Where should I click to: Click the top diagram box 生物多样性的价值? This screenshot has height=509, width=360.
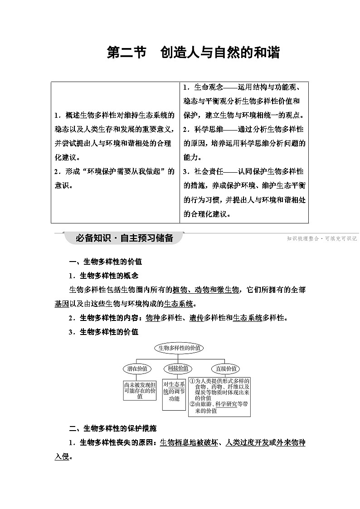179,348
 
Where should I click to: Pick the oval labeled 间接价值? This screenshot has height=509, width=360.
178,368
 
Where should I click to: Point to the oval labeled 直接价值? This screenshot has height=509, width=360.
225,369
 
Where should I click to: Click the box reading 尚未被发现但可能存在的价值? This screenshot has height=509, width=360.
140,390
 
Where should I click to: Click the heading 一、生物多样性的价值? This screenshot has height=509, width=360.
105,262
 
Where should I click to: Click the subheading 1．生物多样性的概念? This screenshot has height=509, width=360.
103,276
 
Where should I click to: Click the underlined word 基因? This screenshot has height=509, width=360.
62,304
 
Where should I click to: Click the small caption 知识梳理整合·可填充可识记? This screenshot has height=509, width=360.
322,238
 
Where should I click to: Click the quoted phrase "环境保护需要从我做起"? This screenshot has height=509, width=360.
132,171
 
